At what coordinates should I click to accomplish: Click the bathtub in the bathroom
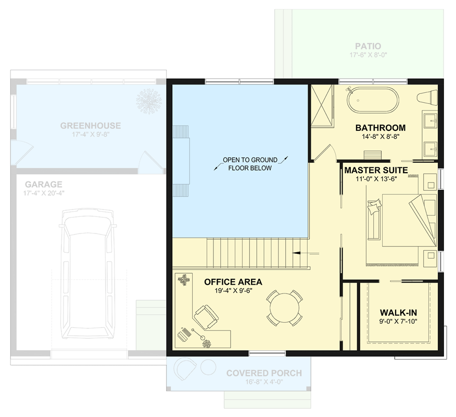point(373,100)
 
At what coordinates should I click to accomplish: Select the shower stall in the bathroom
point(323,105)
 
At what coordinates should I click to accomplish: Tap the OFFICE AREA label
point(233,282)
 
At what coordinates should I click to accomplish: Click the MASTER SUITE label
point(376,169)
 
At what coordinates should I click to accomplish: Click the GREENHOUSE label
point(90,126)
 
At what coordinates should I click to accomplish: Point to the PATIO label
point(368,46)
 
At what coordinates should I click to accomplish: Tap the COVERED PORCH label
point(263,373)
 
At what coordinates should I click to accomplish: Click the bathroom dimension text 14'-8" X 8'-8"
point(380,138)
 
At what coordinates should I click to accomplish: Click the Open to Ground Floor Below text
point(250,164)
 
